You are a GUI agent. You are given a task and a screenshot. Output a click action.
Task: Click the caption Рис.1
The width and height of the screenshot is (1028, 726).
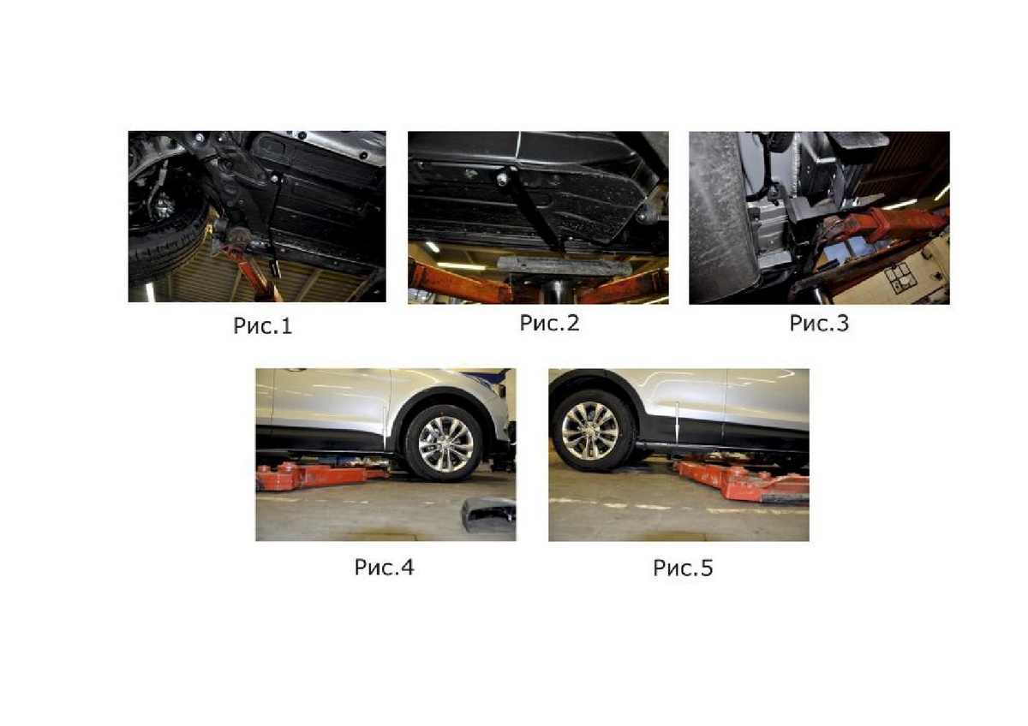pyautogui.click(x=262, y=326)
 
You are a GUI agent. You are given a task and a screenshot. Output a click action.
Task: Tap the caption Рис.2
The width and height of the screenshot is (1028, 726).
pyautogui.click(x=549, y=323)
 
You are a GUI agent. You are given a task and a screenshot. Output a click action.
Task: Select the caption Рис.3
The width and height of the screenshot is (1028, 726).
pyautogui.click(x=819, y=324)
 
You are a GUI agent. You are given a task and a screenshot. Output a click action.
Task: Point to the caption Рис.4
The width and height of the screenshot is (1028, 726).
pyautogui.click(x=384, y=568)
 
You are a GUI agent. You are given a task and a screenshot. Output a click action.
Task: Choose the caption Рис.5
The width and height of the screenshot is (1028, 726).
pyautogui.click(x=683, y=568)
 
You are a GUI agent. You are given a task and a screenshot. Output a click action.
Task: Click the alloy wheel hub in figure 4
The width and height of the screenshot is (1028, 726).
pyautogui.click(x=445, y=444)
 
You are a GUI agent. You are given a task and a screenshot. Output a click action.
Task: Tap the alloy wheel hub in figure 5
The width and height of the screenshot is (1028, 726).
pyautogui.click(x=590, y=430)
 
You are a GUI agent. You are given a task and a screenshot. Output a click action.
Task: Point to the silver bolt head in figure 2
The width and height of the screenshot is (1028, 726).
pyautogui.click(x=502, y=178)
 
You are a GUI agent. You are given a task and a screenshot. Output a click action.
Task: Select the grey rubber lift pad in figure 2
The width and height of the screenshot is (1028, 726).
pyautogui.click(x=561, y=267)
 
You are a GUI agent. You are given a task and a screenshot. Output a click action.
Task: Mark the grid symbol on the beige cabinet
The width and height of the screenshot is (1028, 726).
pyautogui.click(x=900, y=278)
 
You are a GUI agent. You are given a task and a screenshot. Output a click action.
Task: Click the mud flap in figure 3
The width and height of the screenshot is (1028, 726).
pyautogui.click(x=720, y=216)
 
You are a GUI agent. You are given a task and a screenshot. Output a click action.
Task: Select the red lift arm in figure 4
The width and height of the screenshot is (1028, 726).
pyautogui.click(x=321, y=476)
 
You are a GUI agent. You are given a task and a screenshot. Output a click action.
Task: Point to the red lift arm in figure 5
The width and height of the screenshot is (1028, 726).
pyautogui.click(x=744, y=481)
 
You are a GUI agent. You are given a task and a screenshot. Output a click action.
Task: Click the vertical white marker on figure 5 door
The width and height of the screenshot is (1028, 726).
pyautogui.click(x=678, y=420)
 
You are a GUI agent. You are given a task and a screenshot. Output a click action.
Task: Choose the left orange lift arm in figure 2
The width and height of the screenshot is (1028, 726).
pyautogui.click(x=459, y=281)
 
